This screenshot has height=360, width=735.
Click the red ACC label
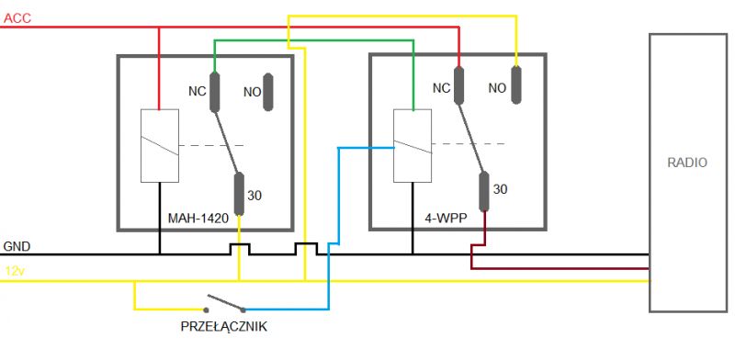click(x=17, y=17)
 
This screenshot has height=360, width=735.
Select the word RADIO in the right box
click(x=687, y=163)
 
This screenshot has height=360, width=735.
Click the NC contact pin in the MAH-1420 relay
click(x=215, y=91)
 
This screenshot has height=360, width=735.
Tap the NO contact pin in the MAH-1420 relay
click(x=269, y=92)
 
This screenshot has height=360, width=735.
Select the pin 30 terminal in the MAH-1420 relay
click(x=239, y=191)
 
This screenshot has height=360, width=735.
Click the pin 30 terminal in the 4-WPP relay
click(x=481, y=191)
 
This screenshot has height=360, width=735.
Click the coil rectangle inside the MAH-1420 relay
click(x=158, y=145)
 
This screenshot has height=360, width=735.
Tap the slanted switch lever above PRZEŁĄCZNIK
click(x=225, y=302)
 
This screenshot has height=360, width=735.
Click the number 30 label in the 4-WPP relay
click(x=501, y=189)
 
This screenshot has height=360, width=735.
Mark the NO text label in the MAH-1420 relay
click(x=252, y=92)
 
